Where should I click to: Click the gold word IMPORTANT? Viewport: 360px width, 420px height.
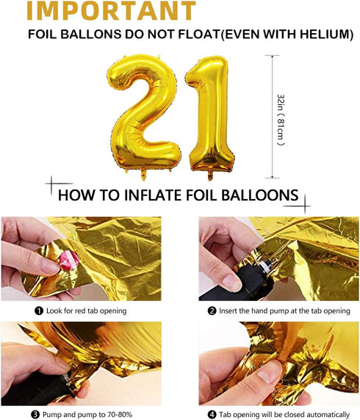[111, 10]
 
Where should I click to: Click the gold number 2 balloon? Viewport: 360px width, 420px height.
[143, 115]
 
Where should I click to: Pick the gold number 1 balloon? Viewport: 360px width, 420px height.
[209, 115]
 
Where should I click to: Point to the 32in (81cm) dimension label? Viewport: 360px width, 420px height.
[281, 120]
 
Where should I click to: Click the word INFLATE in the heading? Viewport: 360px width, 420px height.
[153, 195]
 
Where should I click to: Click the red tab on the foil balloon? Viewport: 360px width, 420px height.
[69, 260]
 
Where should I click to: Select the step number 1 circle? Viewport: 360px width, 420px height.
[39, 311]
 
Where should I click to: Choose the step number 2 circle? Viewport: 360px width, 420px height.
[212, 311]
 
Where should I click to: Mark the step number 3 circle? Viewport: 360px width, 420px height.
[35, 415]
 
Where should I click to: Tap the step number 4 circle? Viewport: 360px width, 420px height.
[212, 415]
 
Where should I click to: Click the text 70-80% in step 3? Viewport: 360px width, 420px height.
[119, 415]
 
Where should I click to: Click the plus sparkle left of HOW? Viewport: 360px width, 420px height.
[52, 184]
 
